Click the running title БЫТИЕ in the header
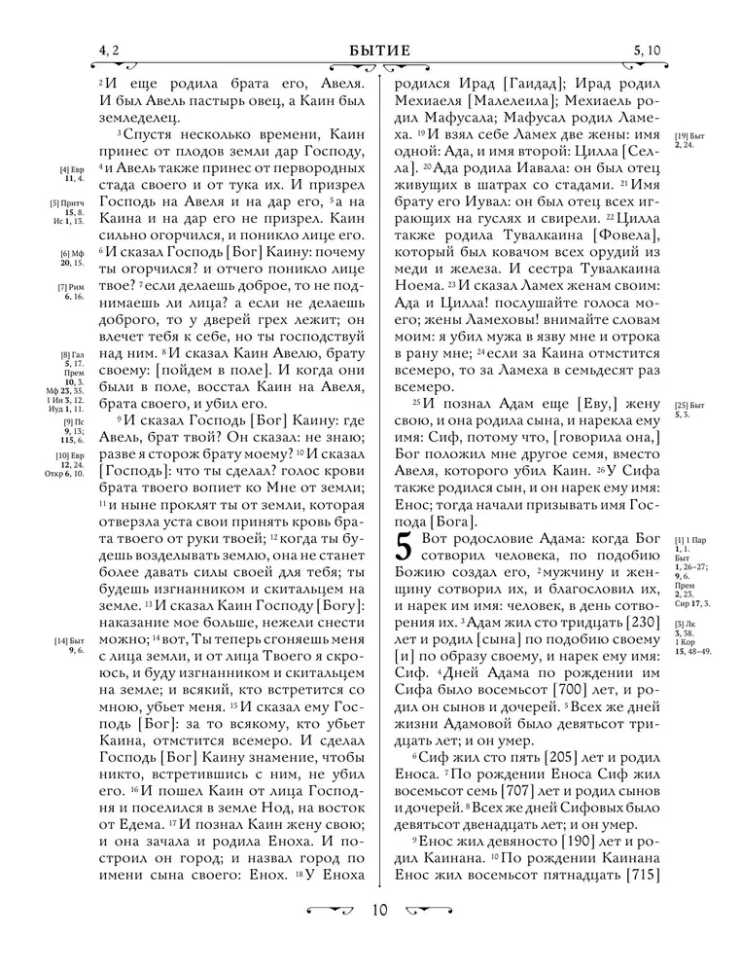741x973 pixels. coord(378,51)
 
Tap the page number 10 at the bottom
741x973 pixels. coord(378,911)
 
